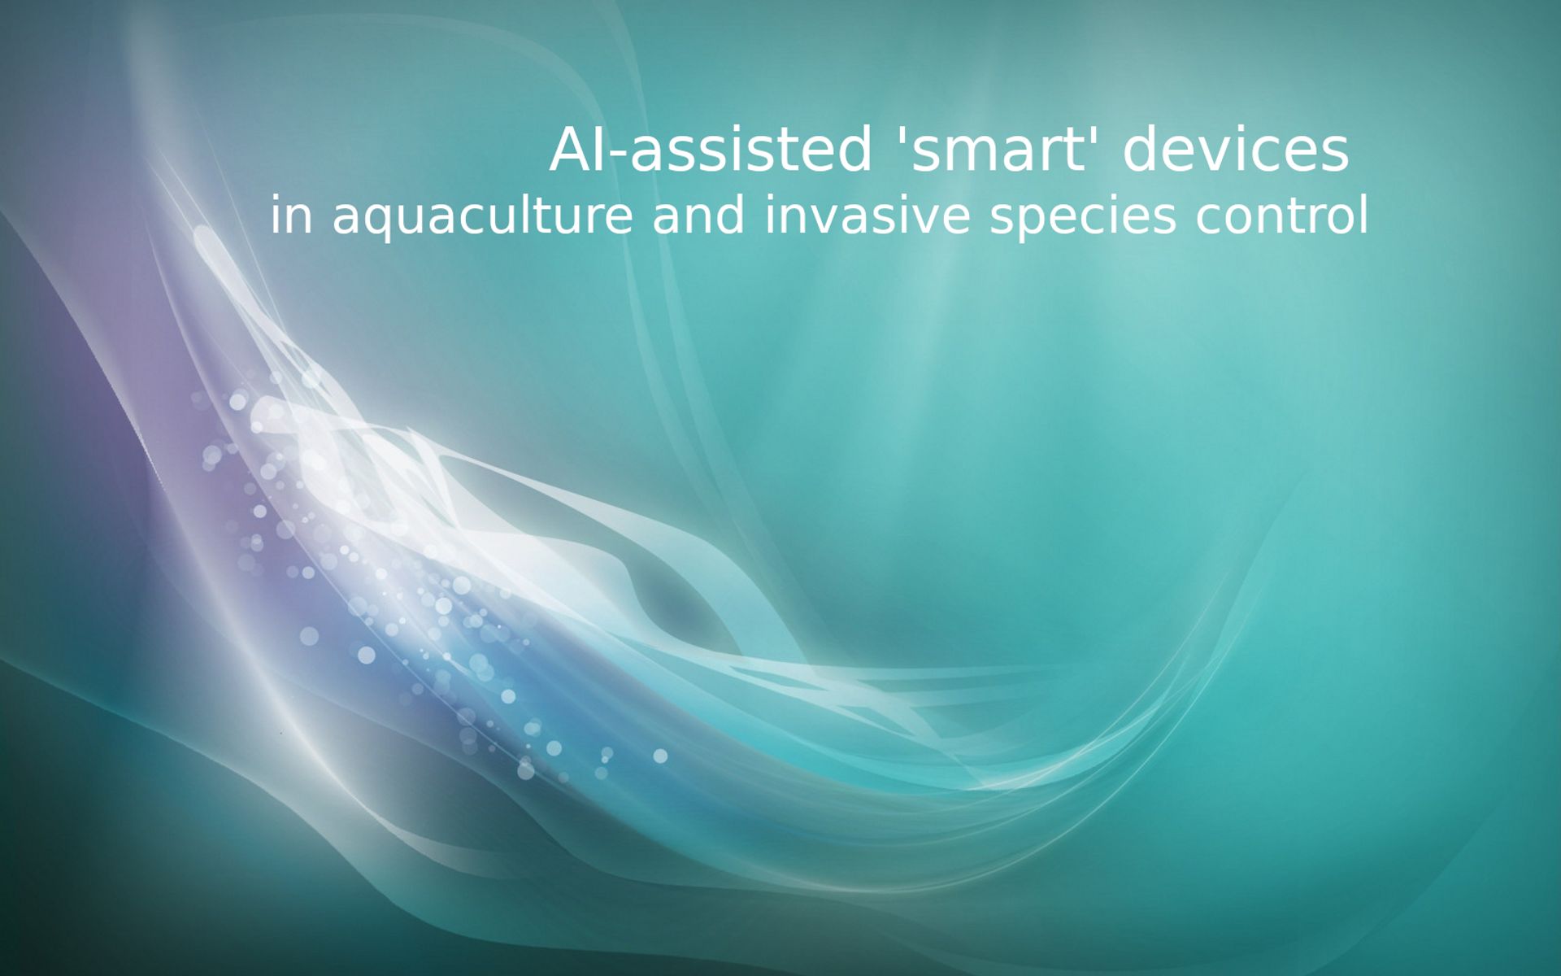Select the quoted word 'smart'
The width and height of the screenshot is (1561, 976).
(x=997, y=151)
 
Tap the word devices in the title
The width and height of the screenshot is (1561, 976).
(x=1235, y=151)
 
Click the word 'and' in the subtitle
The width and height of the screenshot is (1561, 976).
(x=698, y=216)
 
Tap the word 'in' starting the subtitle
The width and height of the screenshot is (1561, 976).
(x=291, y=216)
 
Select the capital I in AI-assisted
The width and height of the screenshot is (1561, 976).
(x=600, y=151)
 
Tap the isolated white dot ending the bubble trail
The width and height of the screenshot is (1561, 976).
(x=660, y=756)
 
